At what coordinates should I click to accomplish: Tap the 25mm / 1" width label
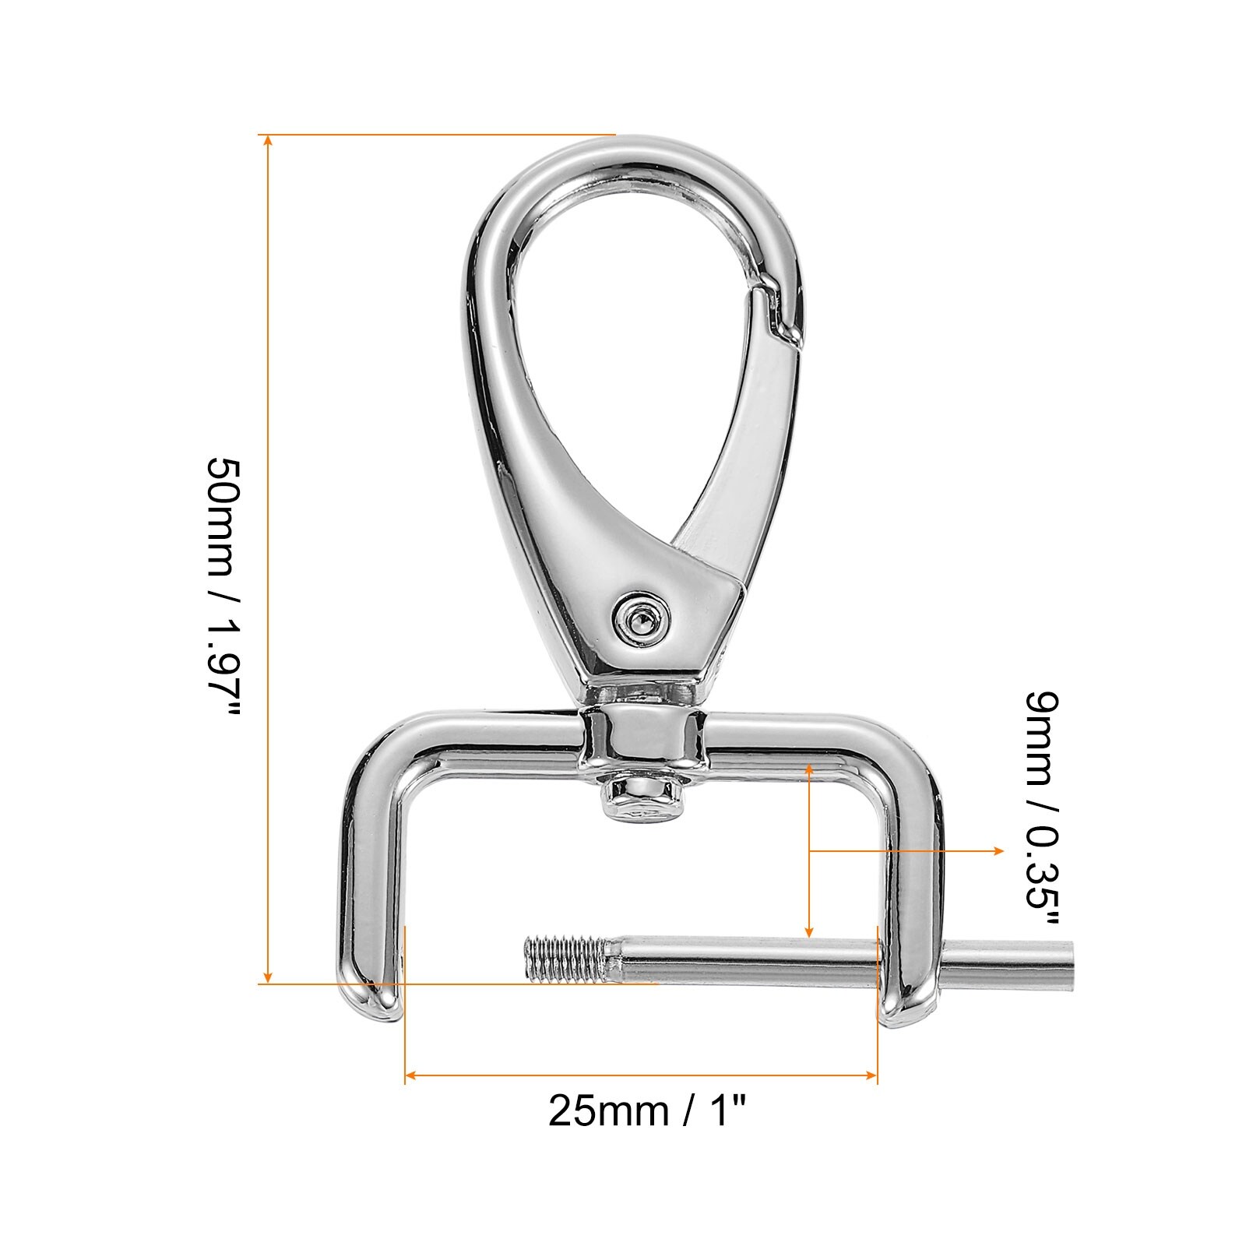tap(647, 1110)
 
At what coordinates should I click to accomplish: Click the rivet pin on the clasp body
tap(642, 619)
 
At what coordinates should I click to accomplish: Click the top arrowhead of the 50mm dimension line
tap(268, 141)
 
